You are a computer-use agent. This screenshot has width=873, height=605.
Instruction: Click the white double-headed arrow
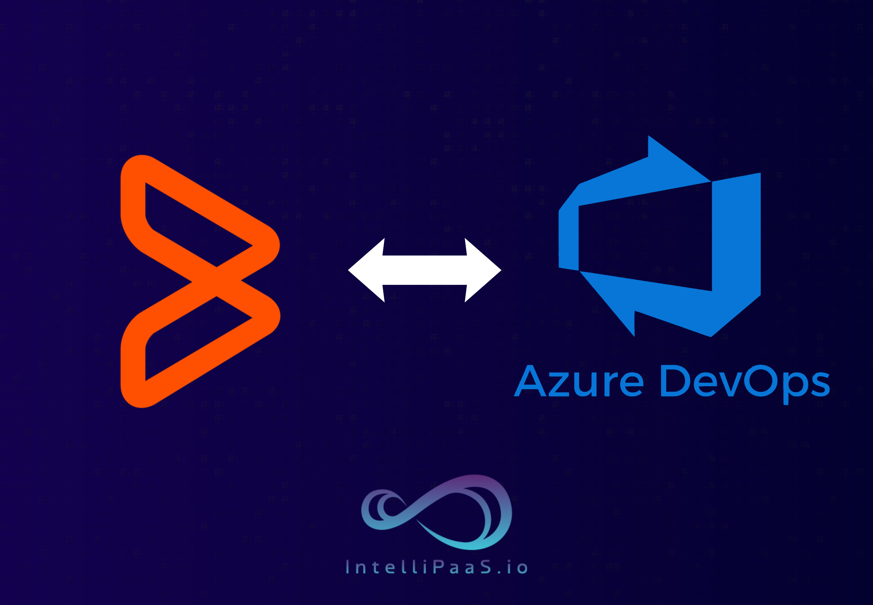(424, 270)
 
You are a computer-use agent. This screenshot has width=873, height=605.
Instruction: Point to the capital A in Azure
(530, 381)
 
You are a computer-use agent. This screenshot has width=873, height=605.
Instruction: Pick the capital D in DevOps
(676, 381)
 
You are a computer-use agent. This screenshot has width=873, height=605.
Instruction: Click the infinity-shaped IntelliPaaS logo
(436, 512)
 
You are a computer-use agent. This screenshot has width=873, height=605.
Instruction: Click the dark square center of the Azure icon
(645, 239)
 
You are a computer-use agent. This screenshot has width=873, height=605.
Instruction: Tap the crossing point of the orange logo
(217, 281)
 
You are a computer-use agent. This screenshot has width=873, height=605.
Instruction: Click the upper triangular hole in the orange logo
(182, 224)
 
